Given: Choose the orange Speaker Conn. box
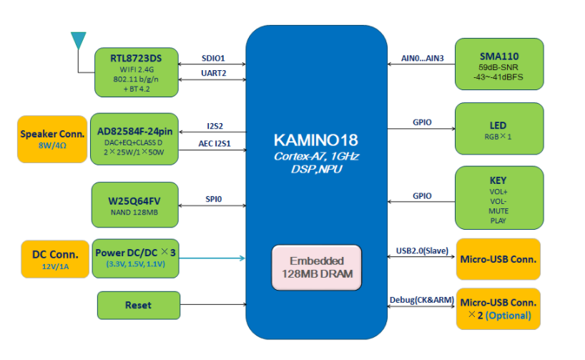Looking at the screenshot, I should point(52,139).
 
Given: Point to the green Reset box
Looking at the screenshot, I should point(137,305).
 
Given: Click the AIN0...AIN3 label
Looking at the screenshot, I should point(423,58).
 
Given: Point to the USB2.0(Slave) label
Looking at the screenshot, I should point(422,251).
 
